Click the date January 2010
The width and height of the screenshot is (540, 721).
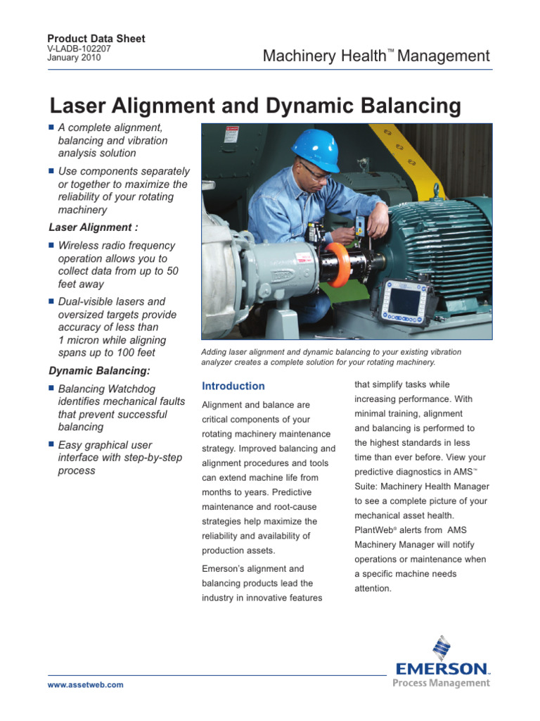click(x=74, y=58)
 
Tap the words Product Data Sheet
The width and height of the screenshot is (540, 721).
click(x=96, y=39)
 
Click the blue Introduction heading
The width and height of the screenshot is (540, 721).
click(x=233, y=386)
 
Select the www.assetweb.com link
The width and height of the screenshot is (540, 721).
click(x=86, y=684)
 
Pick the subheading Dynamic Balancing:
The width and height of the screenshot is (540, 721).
click(x=99, y=370)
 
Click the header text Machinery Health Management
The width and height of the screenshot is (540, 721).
click(x=376, y=56)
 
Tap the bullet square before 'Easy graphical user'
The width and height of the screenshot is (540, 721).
click(x=51, y=444)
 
